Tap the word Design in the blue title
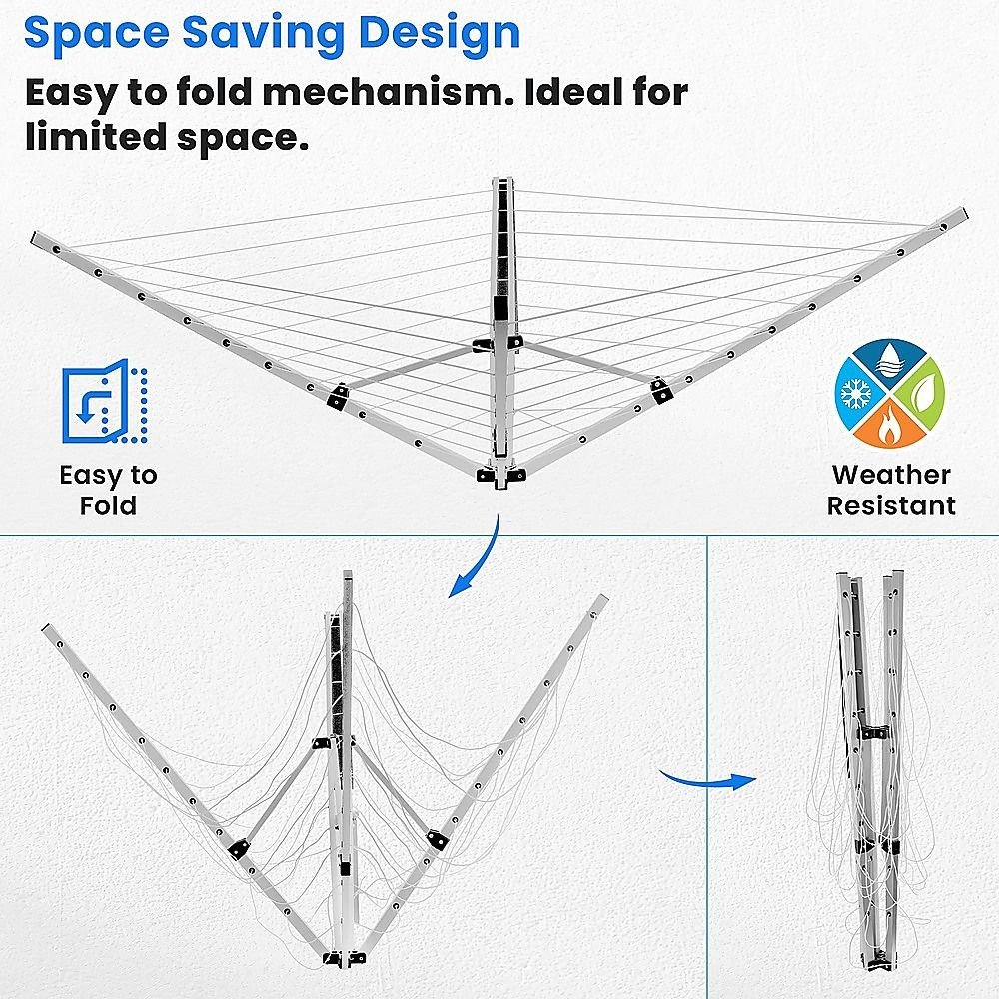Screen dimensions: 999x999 pyautogui.click(x=440, y=34)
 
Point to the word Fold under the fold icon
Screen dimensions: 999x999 pyautogui.click(x=108, y=505)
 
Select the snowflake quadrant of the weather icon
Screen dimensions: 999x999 pyautogui.click(x=857, y=394)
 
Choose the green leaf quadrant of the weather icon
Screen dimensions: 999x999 pyautogui.click(x=921, y=395)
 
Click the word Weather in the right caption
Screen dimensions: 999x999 pyautogui.click(x=891, y=474)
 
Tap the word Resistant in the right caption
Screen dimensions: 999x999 pyautogui.click(x=891, y=505)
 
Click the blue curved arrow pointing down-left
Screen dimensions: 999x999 pyautogui.click(x=482, y=560)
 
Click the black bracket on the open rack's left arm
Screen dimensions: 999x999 pyautogui.click(x=338, y=397)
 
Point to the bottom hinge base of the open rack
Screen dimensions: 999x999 pyautogui.click(x=500, y=474)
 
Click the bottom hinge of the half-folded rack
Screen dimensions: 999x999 pyautogui.click(x=344, y=958)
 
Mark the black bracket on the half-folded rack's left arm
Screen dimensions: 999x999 pyautogui.click(x=238, y=848)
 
